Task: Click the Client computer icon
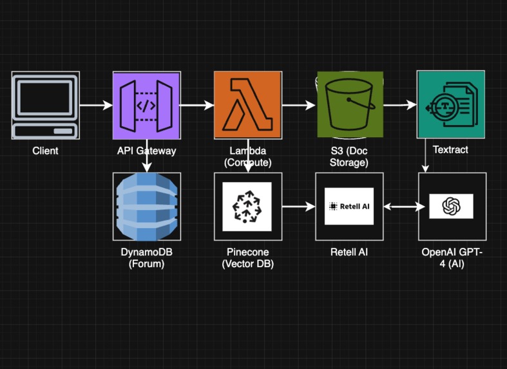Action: pyautogui.click(x=45, y=105)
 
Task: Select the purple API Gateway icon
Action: pyautogui.click(x=146, y=105)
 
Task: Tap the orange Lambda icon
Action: pyautogui.click(x=247, y=105)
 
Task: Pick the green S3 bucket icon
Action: pyautogui.click(x=349, y=105)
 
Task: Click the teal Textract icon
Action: pyautogui.click(x=450, y=105)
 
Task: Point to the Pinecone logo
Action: pyautogui.click(x=247, y=206)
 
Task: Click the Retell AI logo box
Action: pyautogui.click(x=349, y=206)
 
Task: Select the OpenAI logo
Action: pyautogui.click(x=452, y=206)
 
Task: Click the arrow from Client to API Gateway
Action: pyautogui.click(x=96, y=105)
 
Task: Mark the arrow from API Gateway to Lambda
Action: pyautogui.click(x=196, y=105)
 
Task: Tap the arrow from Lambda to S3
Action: pyautogui.click(x=298, y=105)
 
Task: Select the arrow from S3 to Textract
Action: pyautogui.click(x=400, y=105)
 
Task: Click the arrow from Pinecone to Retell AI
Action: pyautogui.click(x=298, y=206)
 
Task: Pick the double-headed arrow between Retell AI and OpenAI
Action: pyautogui.click(x=401, y=206)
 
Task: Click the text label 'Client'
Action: pyautogui.click(x=45, y=151)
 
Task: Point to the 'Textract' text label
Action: pyautogui.click(x=450, y=149)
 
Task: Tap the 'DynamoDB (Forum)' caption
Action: pyautogui.click(x=146, y=257)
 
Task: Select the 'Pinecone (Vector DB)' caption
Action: pyautogui.click(x=247, y=257)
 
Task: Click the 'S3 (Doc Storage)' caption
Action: pyautogui.click(x=349, y=156)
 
